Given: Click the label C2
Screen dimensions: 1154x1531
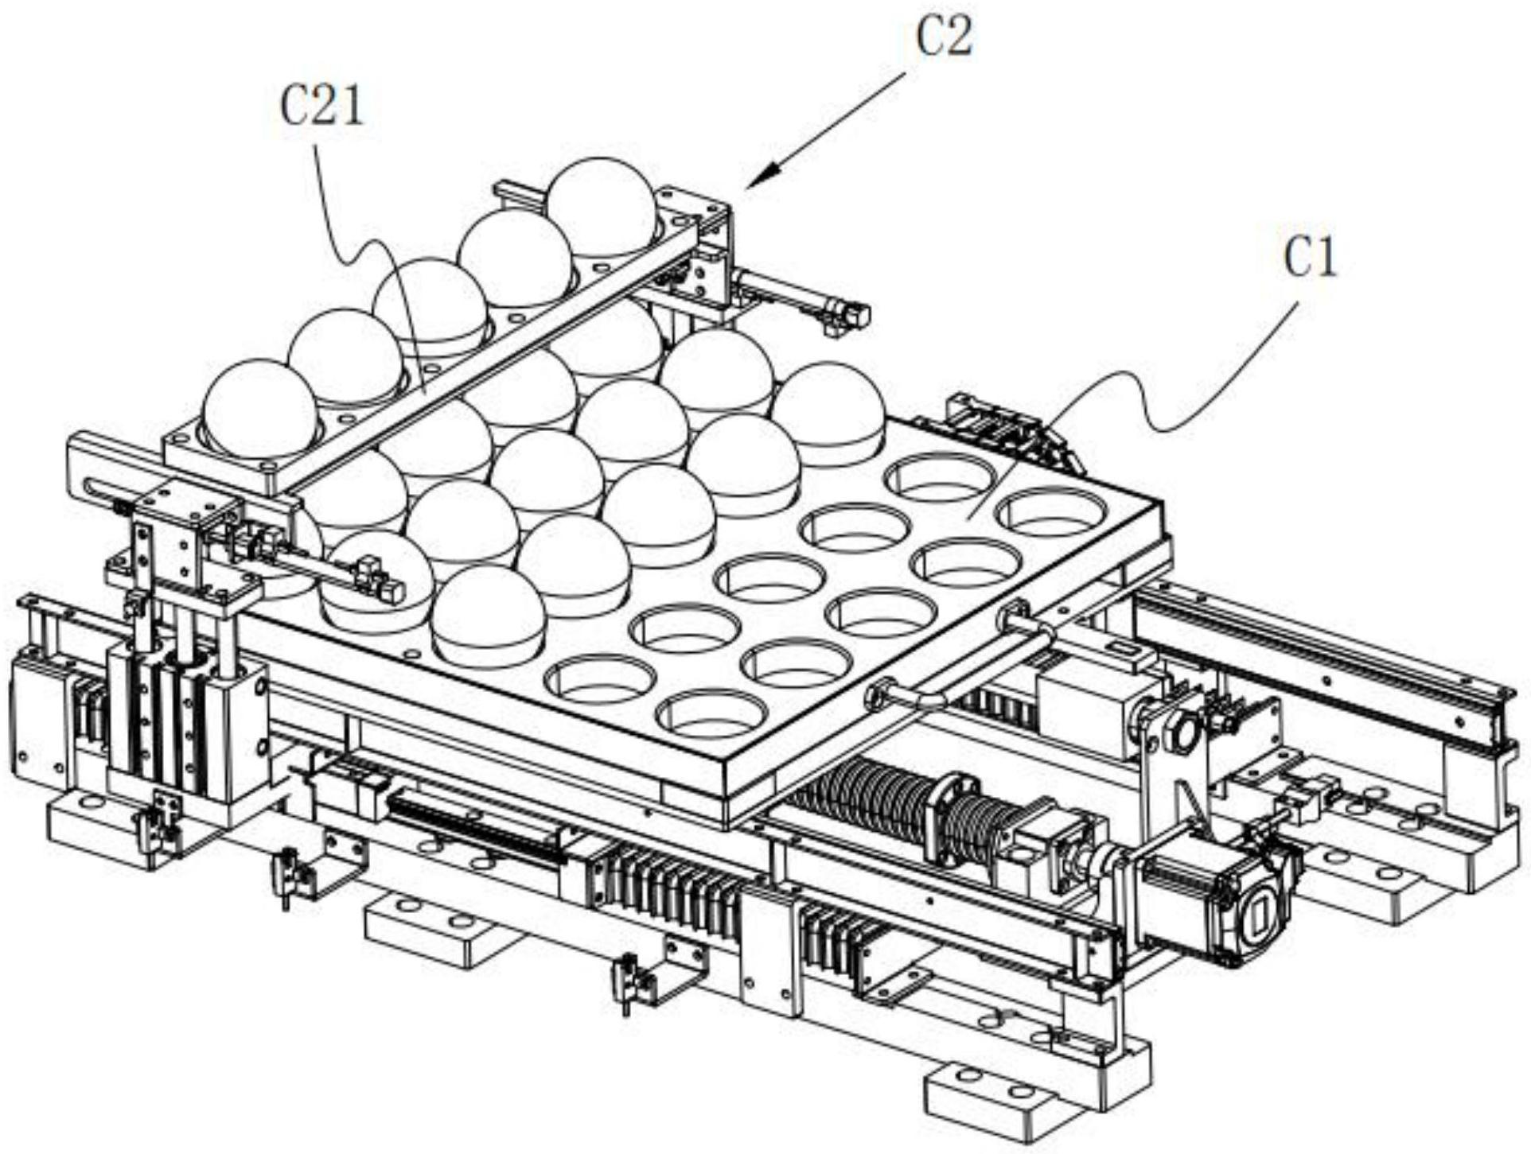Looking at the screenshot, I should (944, 37).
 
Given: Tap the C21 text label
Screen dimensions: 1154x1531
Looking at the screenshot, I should (322, 107).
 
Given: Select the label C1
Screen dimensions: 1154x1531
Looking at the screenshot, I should (1311, 256).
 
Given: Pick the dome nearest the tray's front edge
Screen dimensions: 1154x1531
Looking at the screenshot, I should (489, 613).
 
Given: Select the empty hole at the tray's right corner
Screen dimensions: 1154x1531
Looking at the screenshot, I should (1050, 511).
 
